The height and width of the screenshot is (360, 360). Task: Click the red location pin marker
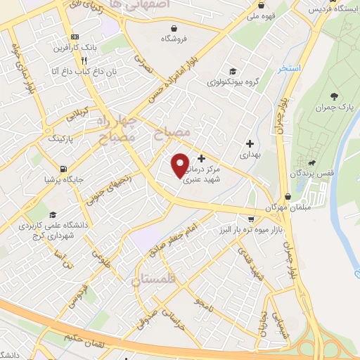click(180, 165)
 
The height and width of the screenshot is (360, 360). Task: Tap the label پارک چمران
click(333, 108)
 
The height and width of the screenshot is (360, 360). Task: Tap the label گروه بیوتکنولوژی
click(236, 82)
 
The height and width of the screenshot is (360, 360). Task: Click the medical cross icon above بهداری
click(250, 143)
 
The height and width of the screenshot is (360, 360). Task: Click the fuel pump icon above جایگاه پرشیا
click(65, 169)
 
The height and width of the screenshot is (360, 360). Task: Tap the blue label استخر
click(288, 67)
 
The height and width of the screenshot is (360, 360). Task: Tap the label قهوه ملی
click(271, 13)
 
